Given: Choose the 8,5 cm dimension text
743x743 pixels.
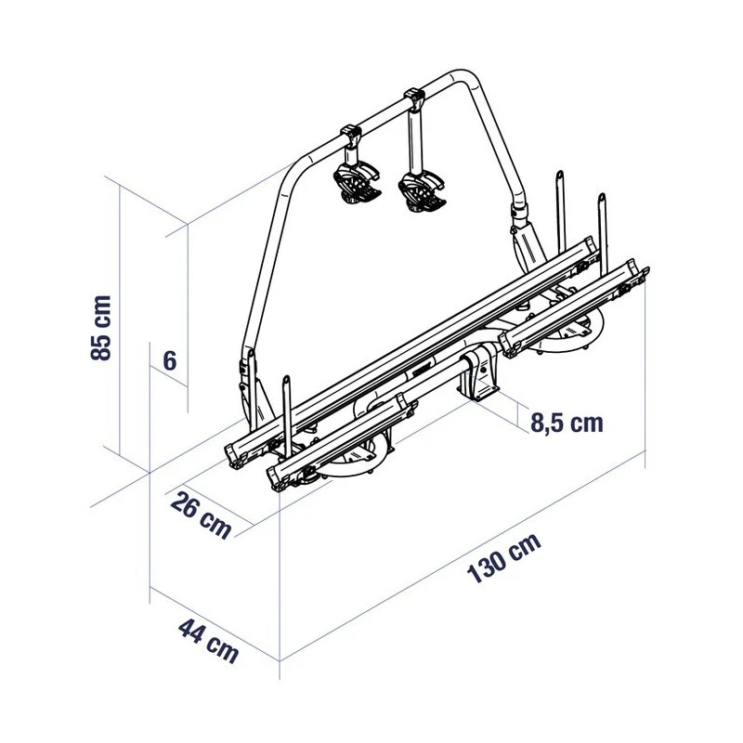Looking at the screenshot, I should [566, 424].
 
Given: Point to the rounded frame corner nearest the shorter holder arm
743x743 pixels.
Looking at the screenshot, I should [295, 172].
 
